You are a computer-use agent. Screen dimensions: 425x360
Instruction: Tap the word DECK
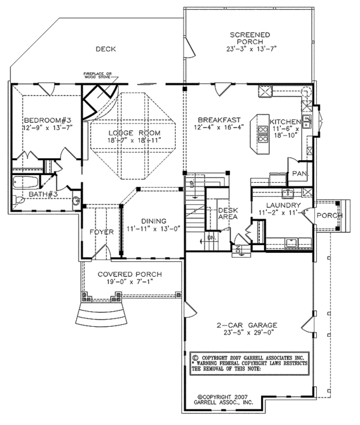click(105, 49)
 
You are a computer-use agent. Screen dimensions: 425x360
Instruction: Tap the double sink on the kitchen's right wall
click(307, 122)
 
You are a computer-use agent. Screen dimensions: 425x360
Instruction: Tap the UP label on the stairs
click(192, 180)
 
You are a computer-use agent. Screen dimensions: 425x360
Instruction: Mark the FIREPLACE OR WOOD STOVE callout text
click(98, 76)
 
